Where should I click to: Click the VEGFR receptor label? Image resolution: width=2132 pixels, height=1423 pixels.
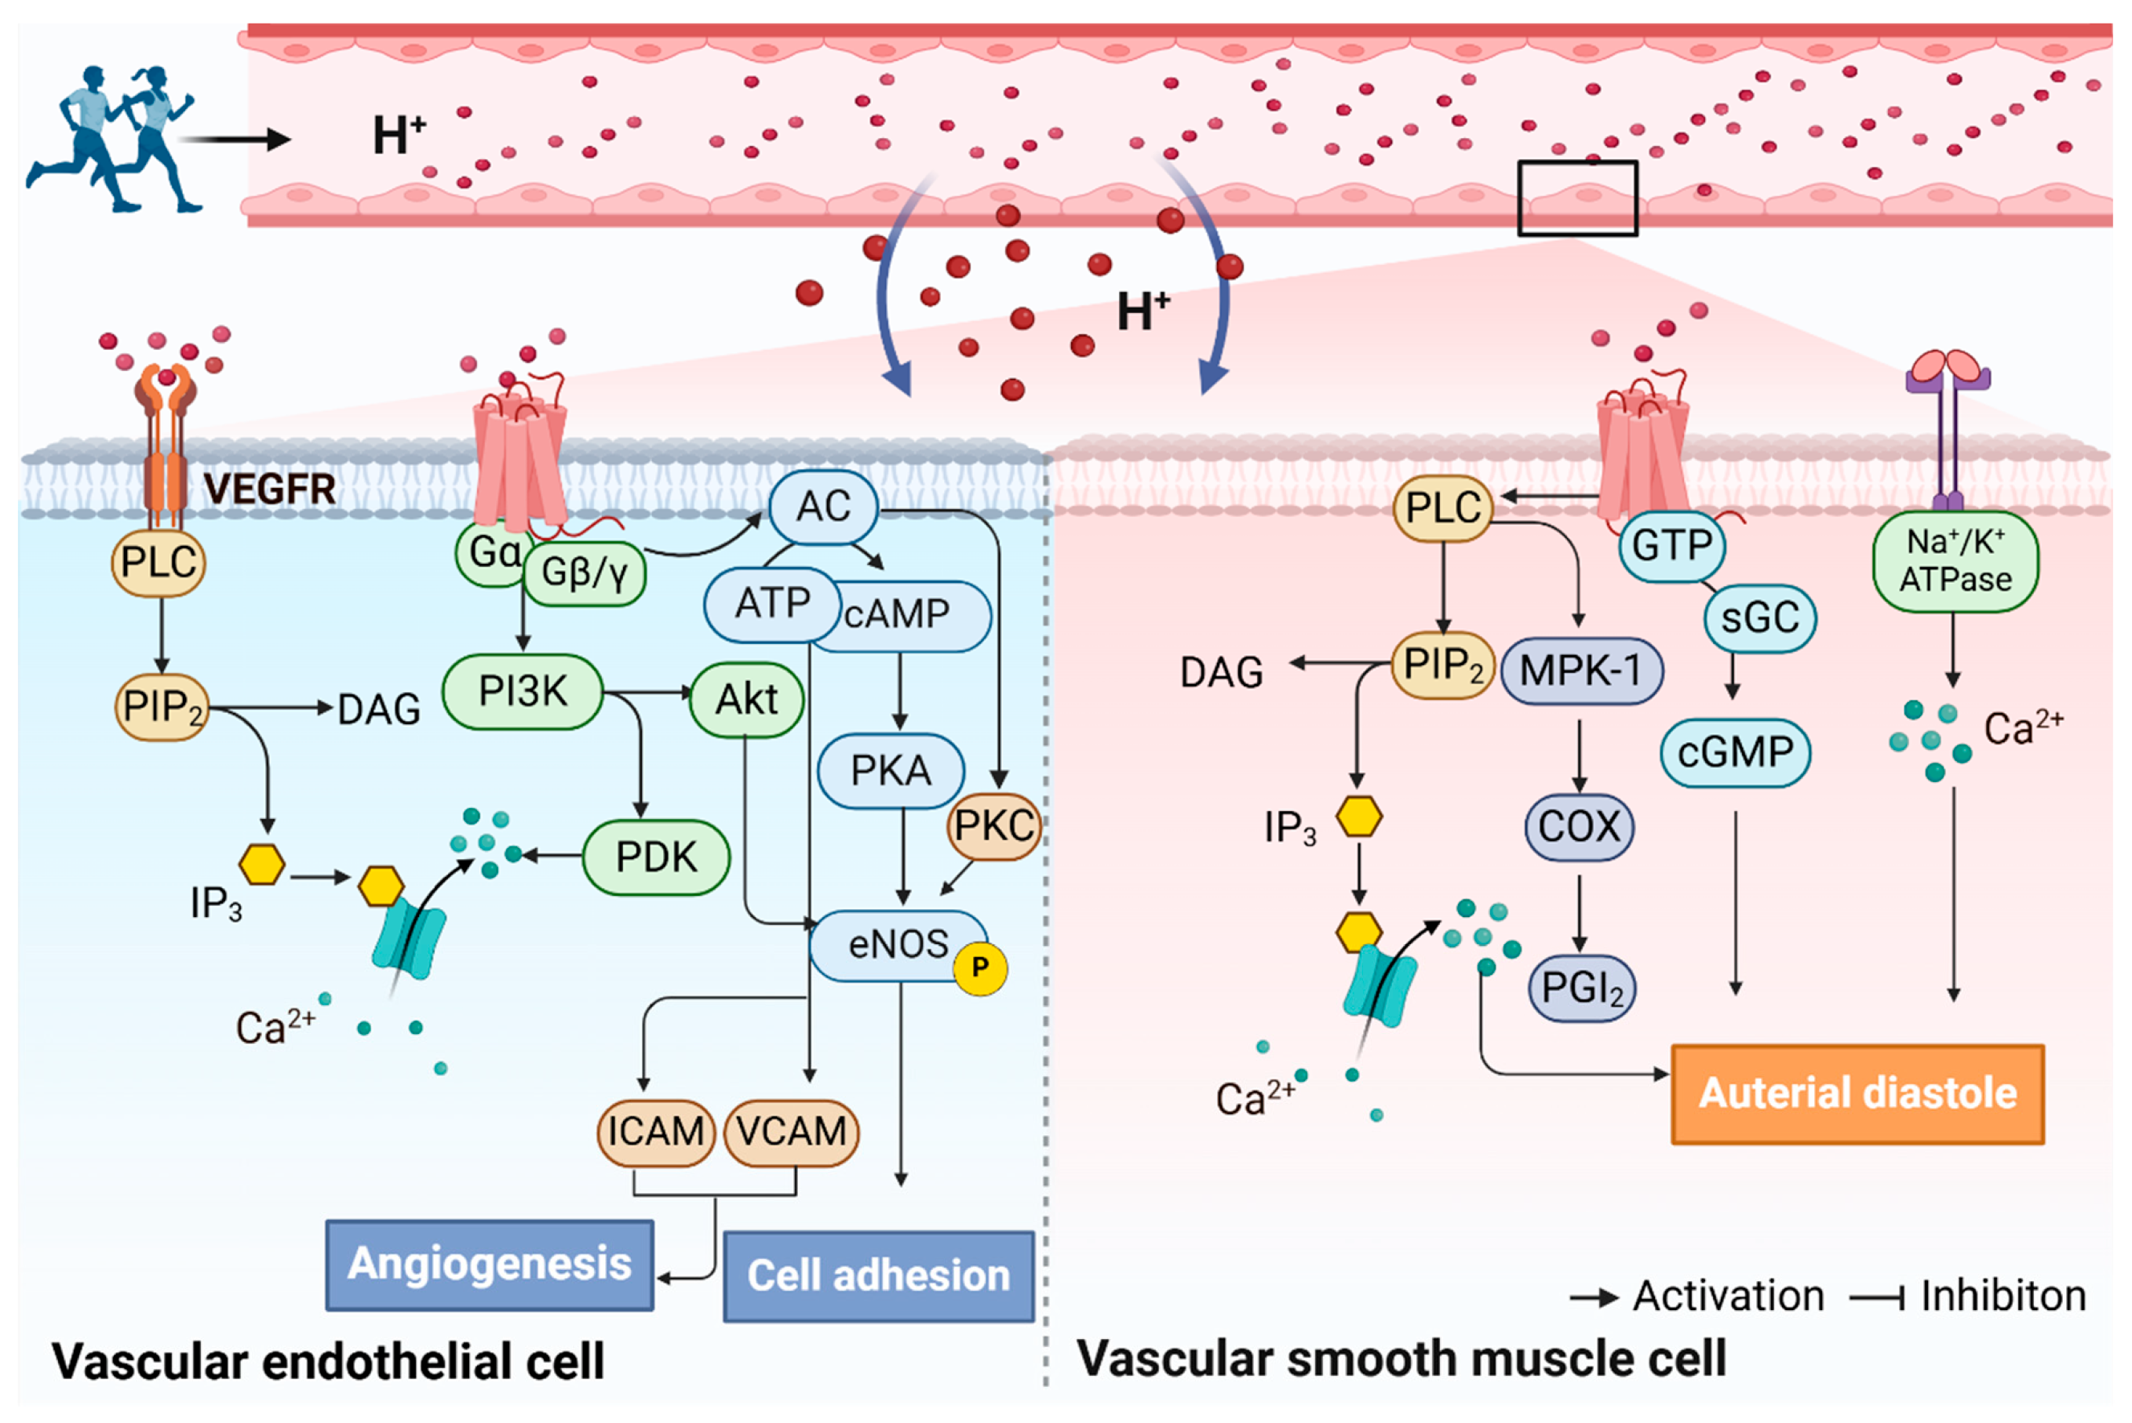click(x=270, y=488)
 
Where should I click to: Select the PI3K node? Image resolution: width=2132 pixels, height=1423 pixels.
click(x=523, y=692)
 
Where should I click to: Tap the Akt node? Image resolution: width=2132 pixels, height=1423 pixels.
click(x=747, y=699)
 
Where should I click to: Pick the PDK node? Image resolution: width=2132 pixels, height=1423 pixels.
click(x=656, y=857)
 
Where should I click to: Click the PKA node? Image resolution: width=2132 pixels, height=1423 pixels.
click(x=891, y=770)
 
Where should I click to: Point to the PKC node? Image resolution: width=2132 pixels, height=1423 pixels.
click(x=995, y=826)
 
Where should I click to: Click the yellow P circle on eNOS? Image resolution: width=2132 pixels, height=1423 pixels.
click(x=980, y=967)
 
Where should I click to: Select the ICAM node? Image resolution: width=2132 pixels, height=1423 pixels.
click(x=656, y=1133)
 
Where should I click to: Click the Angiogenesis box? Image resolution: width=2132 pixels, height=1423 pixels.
click(x=489, y=1265)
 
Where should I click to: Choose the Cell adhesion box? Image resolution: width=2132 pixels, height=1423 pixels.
click(x=879, y=1275)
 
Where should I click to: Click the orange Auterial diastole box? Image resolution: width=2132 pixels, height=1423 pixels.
click(x=1858, y=1094)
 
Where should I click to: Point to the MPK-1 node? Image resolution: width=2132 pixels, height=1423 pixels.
click(x=1582, y=671)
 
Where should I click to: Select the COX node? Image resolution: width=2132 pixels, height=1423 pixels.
click(x=1580, y=827)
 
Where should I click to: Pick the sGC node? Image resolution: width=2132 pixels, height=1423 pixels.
click(x=1760, y=618)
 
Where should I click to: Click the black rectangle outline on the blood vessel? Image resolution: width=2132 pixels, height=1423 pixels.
click(x=1577, y=162)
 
